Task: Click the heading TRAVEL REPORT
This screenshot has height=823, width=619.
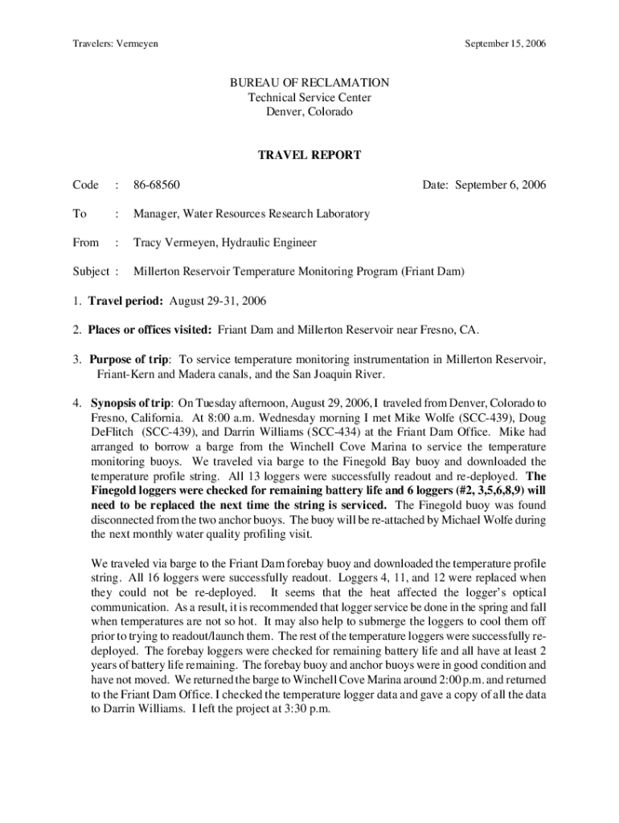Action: [x=309, y=155]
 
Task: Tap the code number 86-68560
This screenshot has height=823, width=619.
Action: [x=157, y=185]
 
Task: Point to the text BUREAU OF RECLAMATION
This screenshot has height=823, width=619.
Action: [x=309, y=83]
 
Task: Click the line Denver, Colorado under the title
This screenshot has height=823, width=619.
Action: [x=309, y=112]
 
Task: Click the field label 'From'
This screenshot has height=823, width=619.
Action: [x=85, y=243]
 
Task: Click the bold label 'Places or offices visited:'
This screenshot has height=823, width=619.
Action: [x=160, y=330]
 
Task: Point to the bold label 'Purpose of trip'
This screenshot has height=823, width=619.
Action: [x=129, y=358]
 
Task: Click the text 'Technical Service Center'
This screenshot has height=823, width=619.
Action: [x=309, y=97]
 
